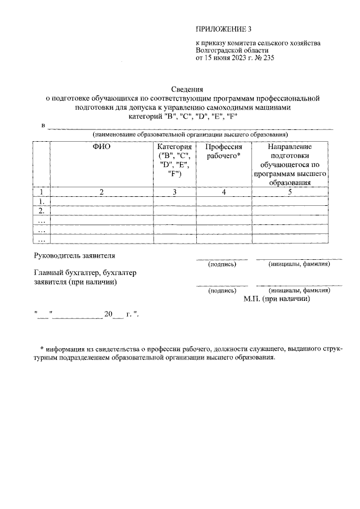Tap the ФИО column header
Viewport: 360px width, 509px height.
pyautogui.click(x=102, y=146)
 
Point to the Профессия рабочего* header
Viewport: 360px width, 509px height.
pyautogui.click(x=223, y=151)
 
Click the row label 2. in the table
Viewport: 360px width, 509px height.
pyautogui.click(x=41, y=210)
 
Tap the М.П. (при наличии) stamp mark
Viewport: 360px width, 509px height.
pyautogui.click(x=277, y=299)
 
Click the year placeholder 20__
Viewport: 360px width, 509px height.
pyautogui.click(x=112, y=314)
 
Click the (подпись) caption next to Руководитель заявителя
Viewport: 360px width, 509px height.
pyautogui.click(x=222, y=264)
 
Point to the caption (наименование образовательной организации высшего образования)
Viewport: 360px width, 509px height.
pyautogui.click(x=190, y=135)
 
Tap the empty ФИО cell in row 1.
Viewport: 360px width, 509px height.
pyautogui.click(x=102, y=201)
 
